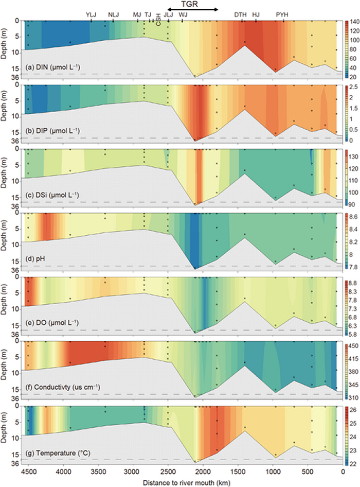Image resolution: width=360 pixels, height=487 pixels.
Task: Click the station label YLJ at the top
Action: coord(92,15)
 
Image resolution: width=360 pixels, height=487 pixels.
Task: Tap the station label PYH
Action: coord(282,15)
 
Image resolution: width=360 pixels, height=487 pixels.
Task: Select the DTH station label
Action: coord(240,15)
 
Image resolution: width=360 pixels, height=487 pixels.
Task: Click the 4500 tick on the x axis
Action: coord(28,471)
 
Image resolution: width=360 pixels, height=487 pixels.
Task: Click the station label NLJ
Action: coord(114,15)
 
